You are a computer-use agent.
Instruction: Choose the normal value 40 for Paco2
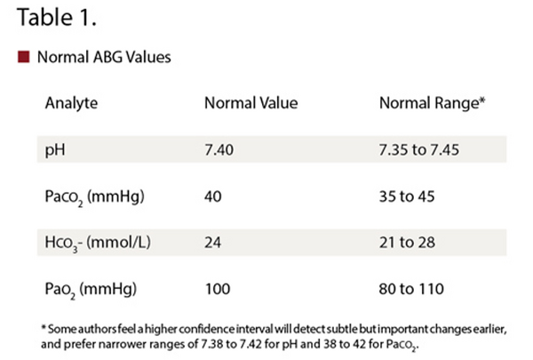[213, 196]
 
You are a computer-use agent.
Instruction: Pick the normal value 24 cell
[213, 243]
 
